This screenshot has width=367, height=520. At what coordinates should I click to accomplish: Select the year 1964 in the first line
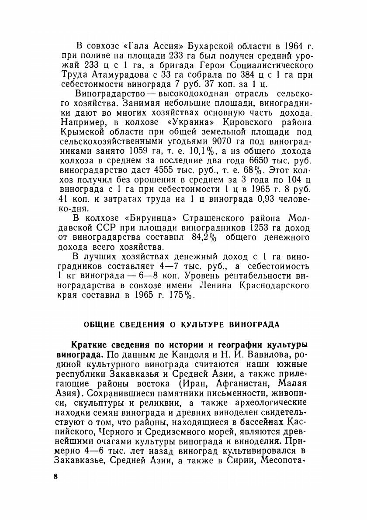pos(292,46)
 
